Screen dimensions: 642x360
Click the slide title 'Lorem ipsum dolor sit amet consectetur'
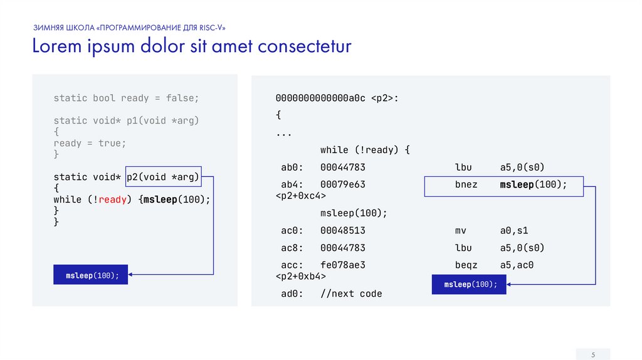[192, 47]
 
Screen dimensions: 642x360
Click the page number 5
[592, 355]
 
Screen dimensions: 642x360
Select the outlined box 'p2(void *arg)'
[163, 177]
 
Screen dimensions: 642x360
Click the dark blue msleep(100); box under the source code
[91, 275]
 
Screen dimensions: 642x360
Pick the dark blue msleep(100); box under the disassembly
[470, 284]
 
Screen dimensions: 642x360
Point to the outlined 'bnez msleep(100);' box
[504, 185]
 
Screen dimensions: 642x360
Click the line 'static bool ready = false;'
[126, 98]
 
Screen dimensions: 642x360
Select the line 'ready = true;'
[90, 143]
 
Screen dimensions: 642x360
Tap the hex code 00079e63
[342, 185]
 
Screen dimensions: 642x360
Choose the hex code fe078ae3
[342, 265]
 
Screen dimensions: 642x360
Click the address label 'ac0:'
[292, 230]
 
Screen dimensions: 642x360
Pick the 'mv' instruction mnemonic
[461, 230]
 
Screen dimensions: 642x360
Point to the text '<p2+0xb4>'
[301, 276]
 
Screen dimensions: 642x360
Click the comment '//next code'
[351, 294]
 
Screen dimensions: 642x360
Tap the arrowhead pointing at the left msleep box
[132, 274]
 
